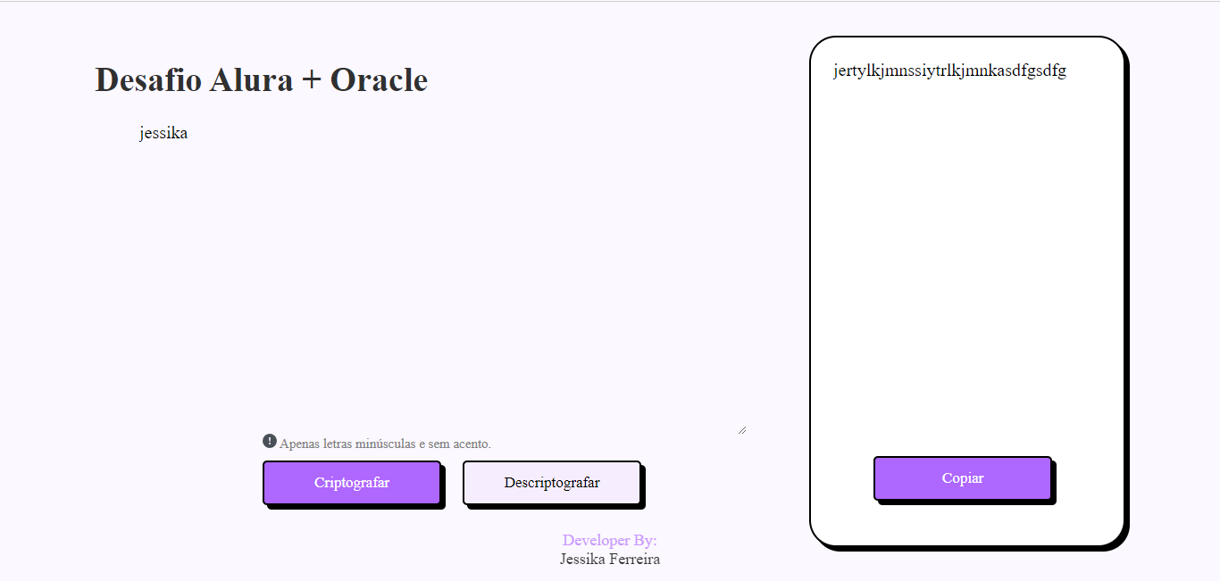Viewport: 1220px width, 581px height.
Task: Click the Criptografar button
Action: click(351, 483)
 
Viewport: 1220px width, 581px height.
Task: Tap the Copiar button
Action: click(962, 478)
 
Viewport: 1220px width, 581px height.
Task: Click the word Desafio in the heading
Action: click(147, 80)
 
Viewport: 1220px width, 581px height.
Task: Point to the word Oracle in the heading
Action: click(379, 80)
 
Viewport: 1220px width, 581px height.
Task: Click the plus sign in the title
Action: click(312, 81)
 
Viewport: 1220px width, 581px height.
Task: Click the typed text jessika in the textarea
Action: click(163, 134)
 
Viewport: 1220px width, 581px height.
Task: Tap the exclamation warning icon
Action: click(270, 441)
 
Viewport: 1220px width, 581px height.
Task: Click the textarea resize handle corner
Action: click(742, 430)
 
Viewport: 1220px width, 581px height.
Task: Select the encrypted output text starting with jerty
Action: click(949, 71)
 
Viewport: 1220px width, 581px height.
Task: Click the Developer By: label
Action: click(609, 541)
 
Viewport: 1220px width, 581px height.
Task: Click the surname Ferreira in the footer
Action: click(634, 560)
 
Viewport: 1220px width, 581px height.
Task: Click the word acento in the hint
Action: click(469, 444)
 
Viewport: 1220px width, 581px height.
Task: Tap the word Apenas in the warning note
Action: click(298, 444)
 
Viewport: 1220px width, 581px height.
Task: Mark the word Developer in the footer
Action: click(596, 541)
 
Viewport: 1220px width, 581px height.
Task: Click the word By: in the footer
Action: click(645, 541)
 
